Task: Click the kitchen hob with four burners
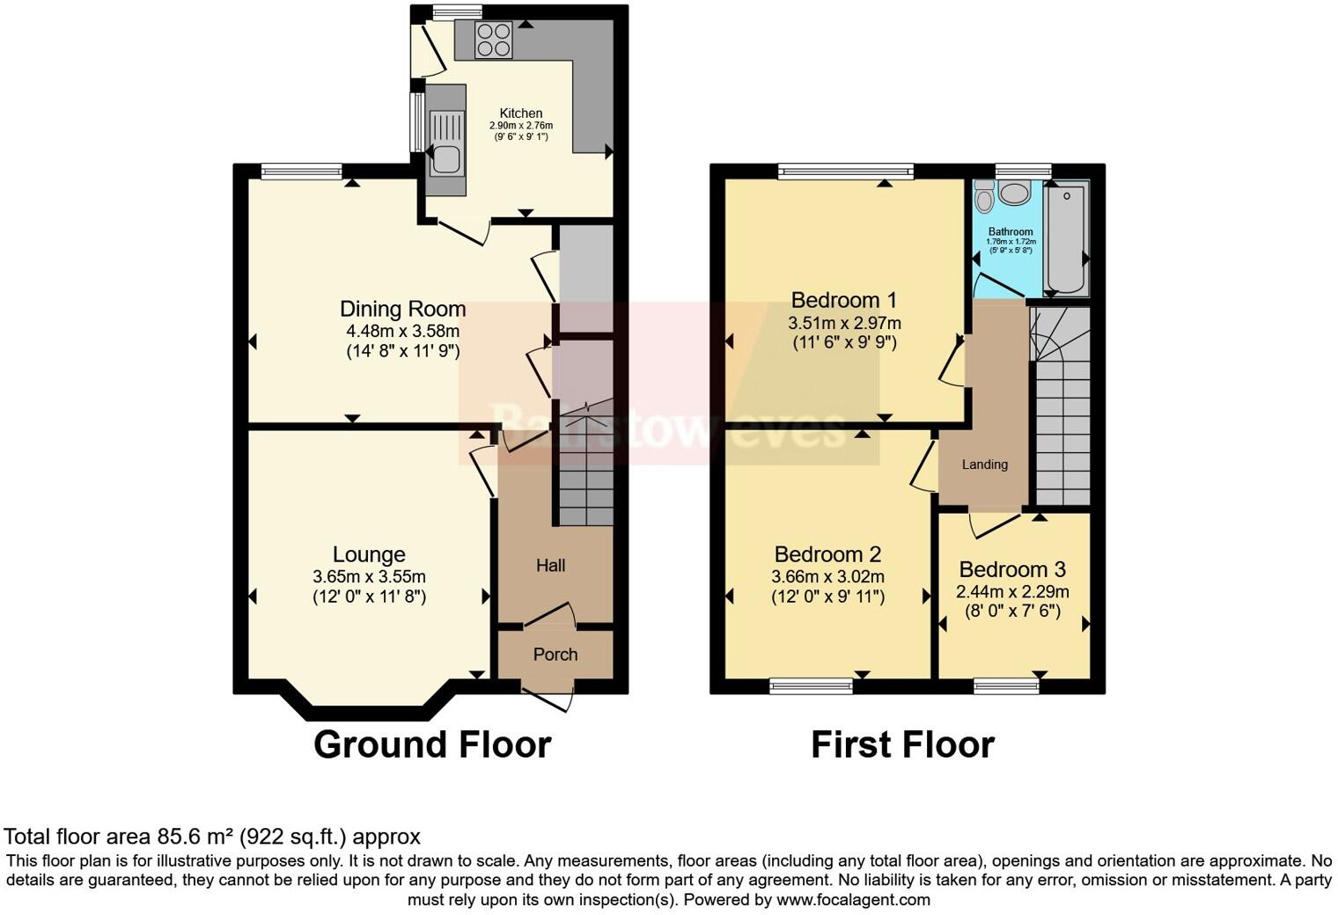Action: [493, 40]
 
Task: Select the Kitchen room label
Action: [521, 113]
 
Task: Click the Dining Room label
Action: [403, 309]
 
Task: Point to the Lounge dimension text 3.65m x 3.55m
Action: [369, 577]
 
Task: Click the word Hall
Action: [551, 566]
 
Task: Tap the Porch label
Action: [555, 655]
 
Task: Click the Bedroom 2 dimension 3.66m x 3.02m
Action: [827, 577]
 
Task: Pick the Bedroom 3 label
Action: [1012, 569]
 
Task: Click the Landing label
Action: [984, 465]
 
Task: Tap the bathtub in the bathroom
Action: [1066, 238]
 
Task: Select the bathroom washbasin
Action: [1016, 193]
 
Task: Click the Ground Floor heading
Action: [432, 744]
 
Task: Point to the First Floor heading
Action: [902, 744]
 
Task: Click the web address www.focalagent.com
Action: [853, 900]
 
